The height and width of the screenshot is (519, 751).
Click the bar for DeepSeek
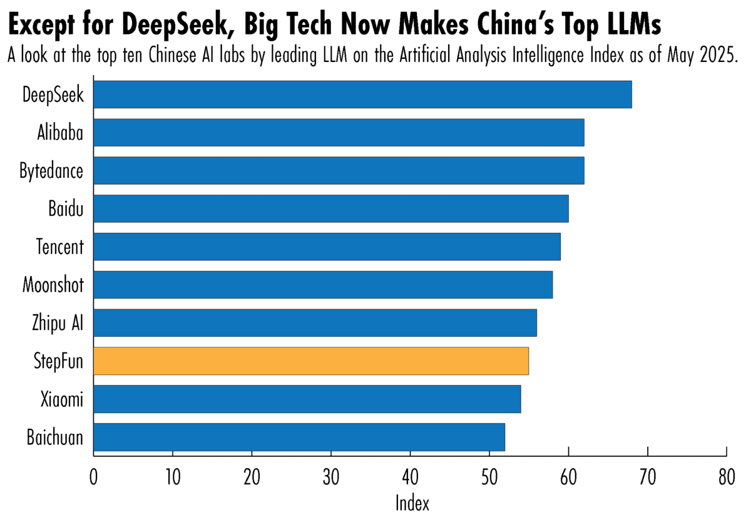(x=362, y=95)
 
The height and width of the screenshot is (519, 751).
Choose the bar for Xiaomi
(x=307, y=399)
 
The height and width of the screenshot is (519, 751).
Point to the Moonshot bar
(x=323, y=285)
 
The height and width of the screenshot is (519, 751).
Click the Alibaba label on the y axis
(x=59, y=133)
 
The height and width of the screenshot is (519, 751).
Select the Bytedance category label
(x=51, y=171)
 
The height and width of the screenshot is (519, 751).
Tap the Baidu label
(x=66, y=208)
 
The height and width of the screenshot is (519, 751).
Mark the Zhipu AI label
(x=58, y=323)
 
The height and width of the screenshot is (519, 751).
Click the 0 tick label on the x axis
(x=94, y=479)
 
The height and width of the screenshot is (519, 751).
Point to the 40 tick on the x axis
(x=410, y=479)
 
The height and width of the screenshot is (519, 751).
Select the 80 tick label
(x=726, y=479)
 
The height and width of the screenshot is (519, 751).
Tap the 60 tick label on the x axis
(x=568, y=479)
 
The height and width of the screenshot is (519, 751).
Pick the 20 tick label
(x=252, y=479)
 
